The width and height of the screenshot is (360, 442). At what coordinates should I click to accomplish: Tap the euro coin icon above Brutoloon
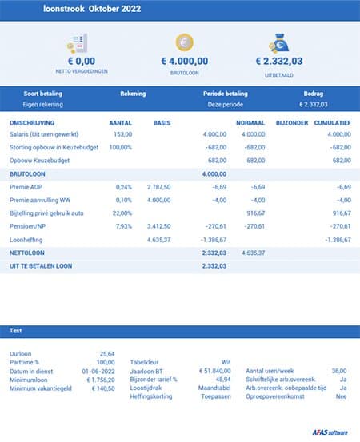coord(185,43)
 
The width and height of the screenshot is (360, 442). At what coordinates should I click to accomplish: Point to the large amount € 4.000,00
coord(185,61)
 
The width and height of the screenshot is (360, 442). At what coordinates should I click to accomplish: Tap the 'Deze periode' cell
coord(225,104)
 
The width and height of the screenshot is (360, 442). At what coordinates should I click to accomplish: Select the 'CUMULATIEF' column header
coord(332,123)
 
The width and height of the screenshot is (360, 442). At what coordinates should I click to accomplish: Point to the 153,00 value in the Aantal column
coord(122,134)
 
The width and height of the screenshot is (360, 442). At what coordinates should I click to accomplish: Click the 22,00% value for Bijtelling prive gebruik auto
coord(122,213)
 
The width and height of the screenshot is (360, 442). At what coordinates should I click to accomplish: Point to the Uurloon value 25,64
coord(106,353)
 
